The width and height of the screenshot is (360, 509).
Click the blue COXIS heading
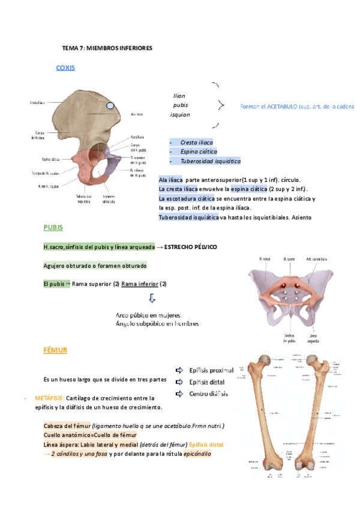point(65,68)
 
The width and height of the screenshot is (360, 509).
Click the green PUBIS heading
point(53,228)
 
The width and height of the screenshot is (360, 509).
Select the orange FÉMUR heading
point(55,350)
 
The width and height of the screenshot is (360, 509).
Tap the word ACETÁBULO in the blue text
point(280,106)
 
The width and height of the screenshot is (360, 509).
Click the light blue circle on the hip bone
point(127,106)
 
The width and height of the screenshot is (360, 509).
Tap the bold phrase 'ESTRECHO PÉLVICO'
point(190,247)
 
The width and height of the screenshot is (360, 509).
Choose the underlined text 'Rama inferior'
point(140,284)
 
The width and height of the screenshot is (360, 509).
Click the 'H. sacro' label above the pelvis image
point(290,259)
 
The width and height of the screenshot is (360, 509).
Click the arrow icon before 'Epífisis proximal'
point(179,370)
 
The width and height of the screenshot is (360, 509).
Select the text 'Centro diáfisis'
point(211,394)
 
